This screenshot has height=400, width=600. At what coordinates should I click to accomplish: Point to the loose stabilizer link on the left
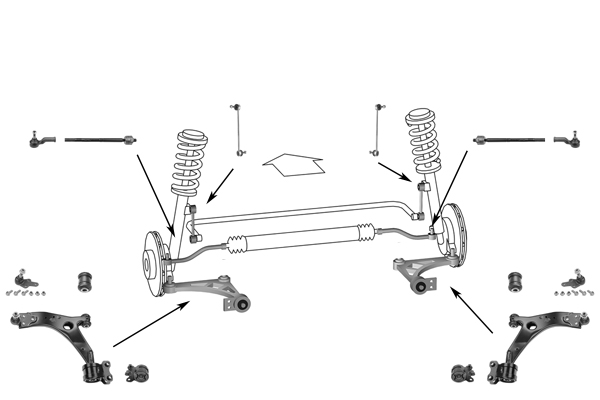click(238, 128)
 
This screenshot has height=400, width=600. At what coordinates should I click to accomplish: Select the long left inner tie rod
click(100, 139)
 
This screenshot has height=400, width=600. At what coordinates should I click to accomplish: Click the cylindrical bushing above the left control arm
click(86, 277)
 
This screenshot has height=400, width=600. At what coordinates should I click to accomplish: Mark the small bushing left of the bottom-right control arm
click(462, 374)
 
